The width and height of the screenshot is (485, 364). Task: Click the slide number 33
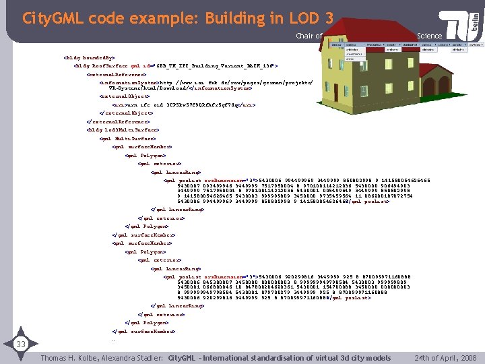[x=20, y=344]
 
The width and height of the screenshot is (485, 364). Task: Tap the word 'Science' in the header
[x=429, y=36]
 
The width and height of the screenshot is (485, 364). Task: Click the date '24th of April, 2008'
[x=446, y=357]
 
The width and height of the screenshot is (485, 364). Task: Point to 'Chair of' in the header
[x=309, y=36]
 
